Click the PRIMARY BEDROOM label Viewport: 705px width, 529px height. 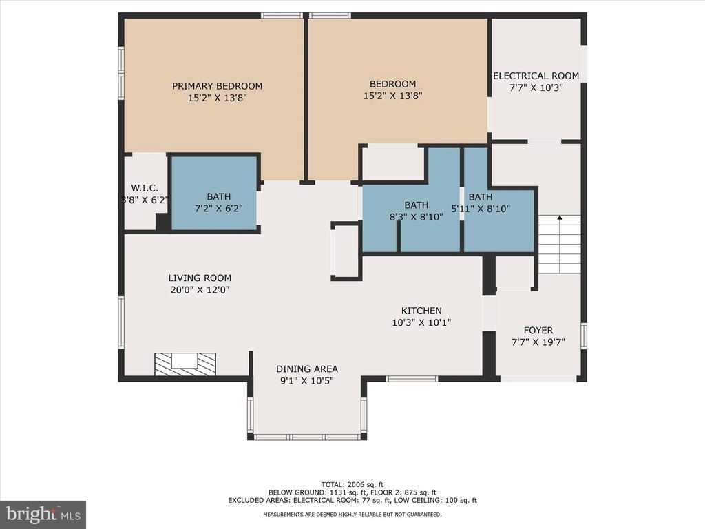pyautogui.click(x=217, y=86)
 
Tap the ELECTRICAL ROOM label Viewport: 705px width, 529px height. pyautogui.click(x=536, y=76)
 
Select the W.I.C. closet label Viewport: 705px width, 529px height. pyautogui.click(x=145, y=189)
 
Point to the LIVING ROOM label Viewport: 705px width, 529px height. pyautogui.click(x=200, y=278)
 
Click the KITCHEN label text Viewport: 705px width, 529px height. pyautogui.click(x=421, y=311)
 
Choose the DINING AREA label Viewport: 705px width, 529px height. pyautogui.click(x=306, y=369)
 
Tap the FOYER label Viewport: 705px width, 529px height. pyautogui.click(x=538, y=330)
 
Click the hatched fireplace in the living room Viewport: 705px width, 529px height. pyautogui.click(x=185, y=364)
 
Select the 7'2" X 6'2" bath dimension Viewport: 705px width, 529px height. pyautogui.click(x=218, y=209)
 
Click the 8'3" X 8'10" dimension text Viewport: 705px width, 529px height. pyautogui.click(x=416, y=217)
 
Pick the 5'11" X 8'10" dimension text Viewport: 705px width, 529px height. pyautogui.click(x=480, y=209)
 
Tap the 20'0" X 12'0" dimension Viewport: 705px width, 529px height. pyautogui.click(x=200, y=290)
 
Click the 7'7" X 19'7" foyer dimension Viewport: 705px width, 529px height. pyautogui.click(x=538, y=342)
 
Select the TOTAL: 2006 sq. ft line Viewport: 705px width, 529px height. pyautogui.click(x=352, y=484)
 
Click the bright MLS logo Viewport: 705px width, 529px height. pyautogui.click(x=43, y=514)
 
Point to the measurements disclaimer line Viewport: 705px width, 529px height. pyautogui.click(x=352, y=514)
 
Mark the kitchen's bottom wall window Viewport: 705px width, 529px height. pyautogui.click(x=412, y=379)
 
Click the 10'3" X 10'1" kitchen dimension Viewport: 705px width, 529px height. pyautogui.click(x=421, y=322)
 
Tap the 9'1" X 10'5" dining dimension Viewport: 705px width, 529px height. pyautogui.click(x=306, y=380)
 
